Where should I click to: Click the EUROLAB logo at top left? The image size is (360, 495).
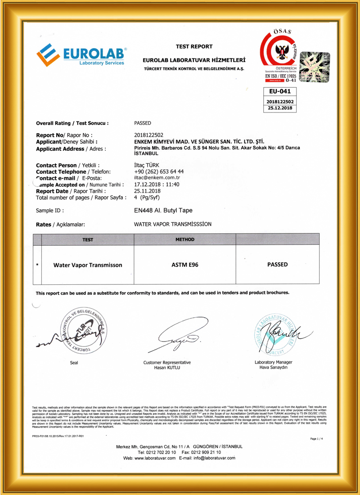81,55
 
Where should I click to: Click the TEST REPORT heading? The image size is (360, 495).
194,46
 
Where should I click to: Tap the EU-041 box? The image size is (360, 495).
279,91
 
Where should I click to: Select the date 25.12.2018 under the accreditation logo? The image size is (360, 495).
279,108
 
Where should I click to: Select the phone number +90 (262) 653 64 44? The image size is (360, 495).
159,171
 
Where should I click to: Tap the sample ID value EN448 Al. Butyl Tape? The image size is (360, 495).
166,210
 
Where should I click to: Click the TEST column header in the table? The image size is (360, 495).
88,239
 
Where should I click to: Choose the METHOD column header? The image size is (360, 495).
184,239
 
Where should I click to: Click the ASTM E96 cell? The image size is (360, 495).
185,265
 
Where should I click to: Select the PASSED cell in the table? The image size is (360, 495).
277,265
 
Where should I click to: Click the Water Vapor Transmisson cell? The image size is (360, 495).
88,265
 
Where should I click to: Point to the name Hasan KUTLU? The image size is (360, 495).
167,368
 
